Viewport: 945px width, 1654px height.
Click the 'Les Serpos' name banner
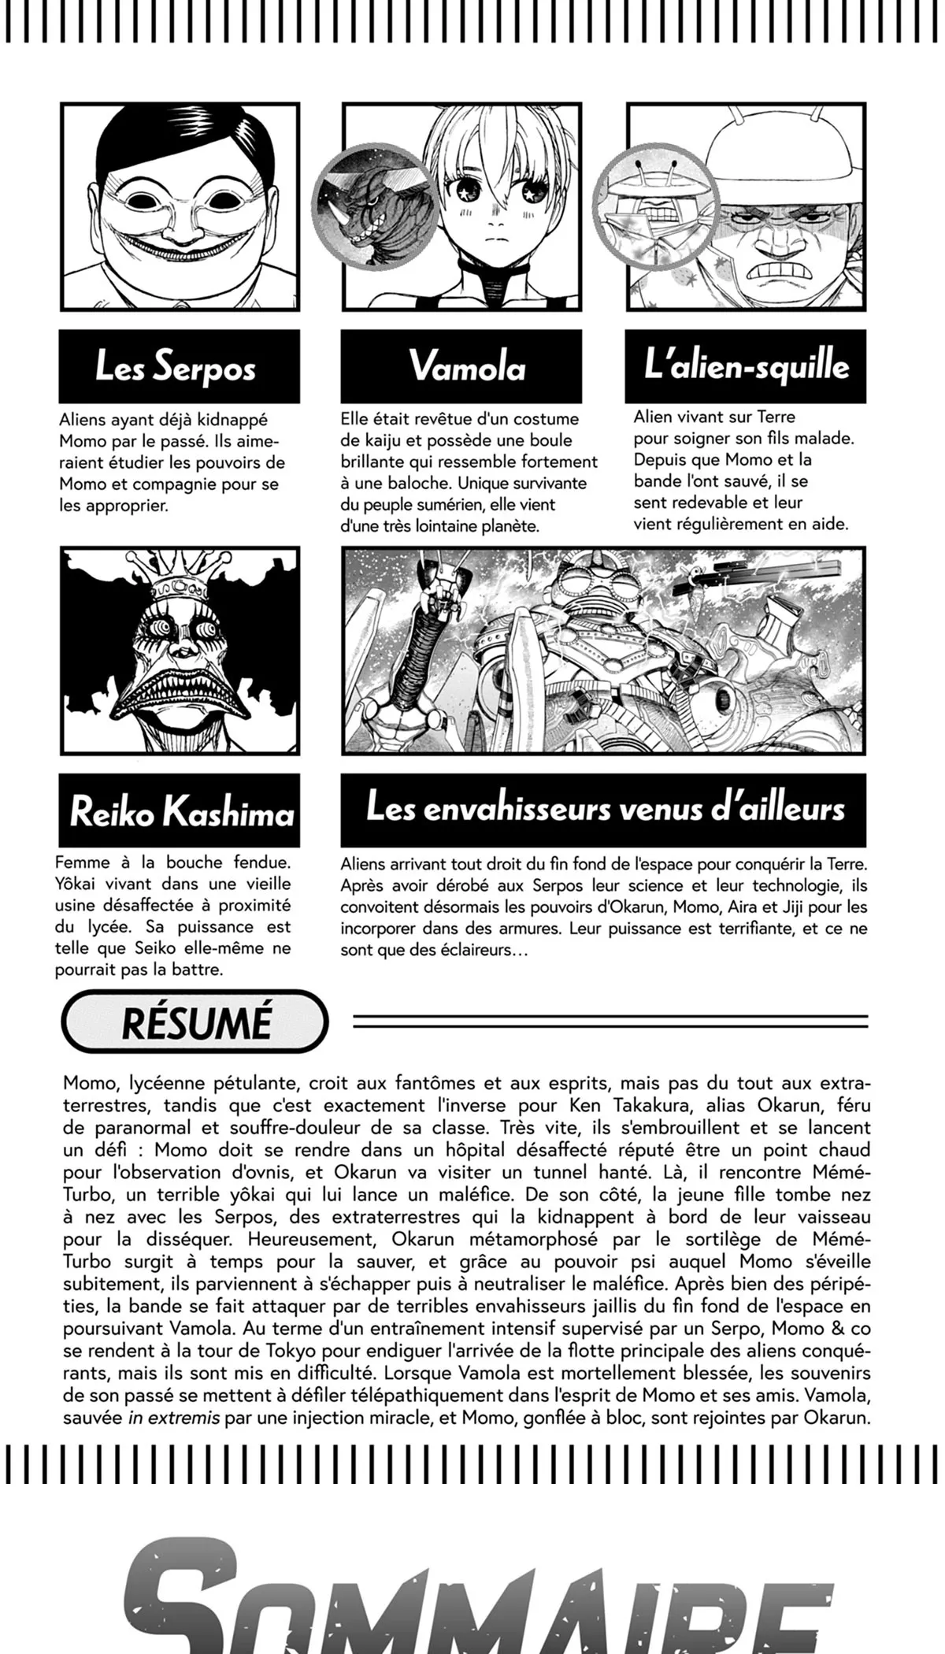coord(179,366)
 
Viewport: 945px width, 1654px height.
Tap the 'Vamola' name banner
coord(461,366)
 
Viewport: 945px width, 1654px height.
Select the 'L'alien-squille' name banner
coord(745,366)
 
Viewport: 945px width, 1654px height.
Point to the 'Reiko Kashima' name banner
coord(180,810)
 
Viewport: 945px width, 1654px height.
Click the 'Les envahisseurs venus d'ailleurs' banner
coord(603,810)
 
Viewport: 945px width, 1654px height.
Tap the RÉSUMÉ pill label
coord(195,1022)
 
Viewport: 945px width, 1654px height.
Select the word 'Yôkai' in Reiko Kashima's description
coord(80,884)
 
